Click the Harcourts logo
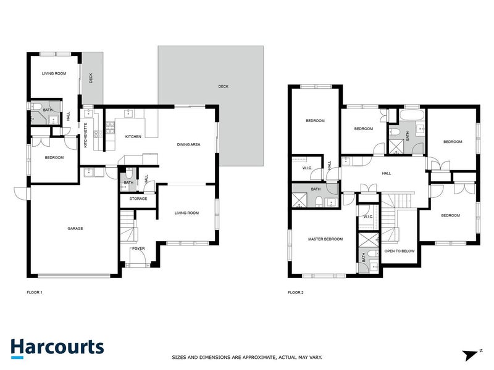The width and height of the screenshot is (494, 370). [x=57, y=347]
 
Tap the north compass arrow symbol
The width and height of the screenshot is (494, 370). [x=471, y=355]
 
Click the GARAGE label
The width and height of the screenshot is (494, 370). [x=75, y=228]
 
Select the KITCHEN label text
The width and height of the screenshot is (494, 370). [x=134, y=136]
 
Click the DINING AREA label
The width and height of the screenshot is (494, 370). [x=188, y=144]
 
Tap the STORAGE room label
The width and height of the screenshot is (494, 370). [x=138, y=199]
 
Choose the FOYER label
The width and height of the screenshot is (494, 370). [x=138, y=250]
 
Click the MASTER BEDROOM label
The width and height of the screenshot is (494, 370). [x=325, y=239]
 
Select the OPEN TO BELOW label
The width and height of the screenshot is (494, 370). [x=400, y=252]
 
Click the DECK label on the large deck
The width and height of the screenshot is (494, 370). [x=223, y=86]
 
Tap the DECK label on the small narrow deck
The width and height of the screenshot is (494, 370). [x=91, y=78]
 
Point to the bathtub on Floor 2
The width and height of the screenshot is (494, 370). [x=411, y=115]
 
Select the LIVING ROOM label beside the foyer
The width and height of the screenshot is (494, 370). [x=186, y=213]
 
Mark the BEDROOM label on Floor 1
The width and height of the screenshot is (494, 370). [x=54, y=158]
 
